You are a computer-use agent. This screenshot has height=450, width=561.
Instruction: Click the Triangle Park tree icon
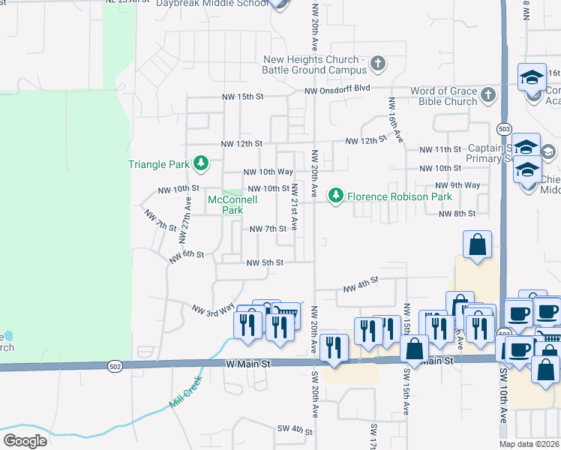[x=200, y=163]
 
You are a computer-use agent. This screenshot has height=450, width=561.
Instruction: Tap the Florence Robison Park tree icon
[x=337, y=196]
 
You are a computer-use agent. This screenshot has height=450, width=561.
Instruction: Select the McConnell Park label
[x=232, y=205]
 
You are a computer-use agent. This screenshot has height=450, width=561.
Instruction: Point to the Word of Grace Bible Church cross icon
[x=488, y=95]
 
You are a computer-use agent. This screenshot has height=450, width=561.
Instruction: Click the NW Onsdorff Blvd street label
[x=337, y=89]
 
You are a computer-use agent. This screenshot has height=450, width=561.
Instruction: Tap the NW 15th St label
[x=242, y=97]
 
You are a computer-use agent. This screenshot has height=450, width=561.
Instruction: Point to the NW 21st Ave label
[x=295, y=206]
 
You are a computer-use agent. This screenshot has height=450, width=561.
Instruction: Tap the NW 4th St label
[x=358, y=285]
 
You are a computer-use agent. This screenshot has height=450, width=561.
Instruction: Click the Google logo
[x=25, y=441]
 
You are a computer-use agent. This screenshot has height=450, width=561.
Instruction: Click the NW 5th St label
[x=265, y=262]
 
